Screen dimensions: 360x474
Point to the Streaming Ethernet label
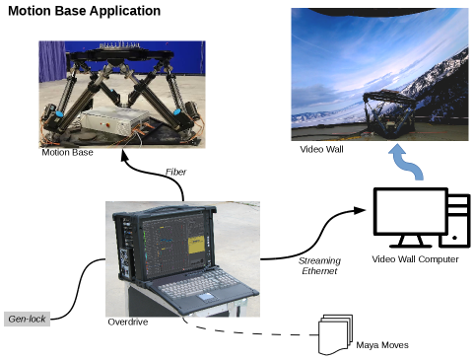click(320, 265)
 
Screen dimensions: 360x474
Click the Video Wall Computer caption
click(415, 259)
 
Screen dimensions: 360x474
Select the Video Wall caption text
click(321, 149)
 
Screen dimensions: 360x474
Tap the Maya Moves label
click(383, 345)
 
